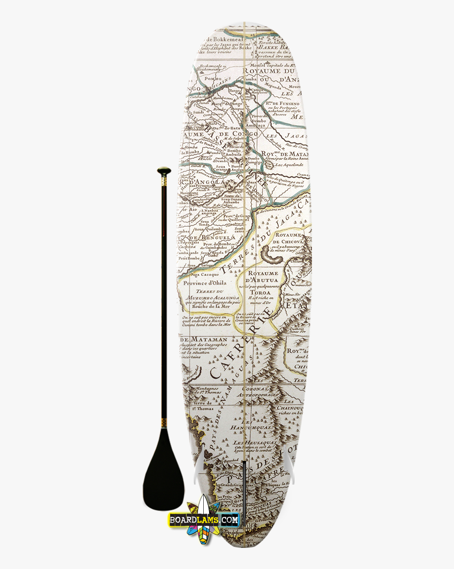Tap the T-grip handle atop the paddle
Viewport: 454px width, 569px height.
164,171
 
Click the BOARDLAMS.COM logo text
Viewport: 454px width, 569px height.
204,520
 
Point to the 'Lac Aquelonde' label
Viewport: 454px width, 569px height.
289,165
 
